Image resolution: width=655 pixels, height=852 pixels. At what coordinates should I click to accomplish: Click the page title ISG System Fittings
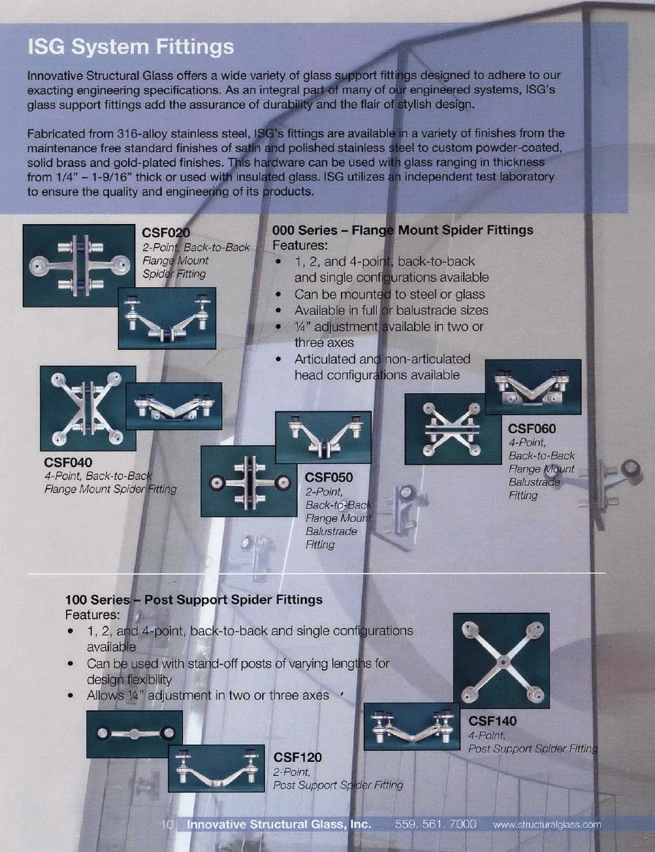coord(130,48)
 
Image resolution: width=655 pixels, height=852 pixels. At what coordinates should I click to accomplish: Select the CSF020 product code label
coord(165,233)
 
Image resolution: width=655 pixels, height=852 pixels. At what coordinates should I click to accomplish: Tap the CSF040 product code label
coord(68,463)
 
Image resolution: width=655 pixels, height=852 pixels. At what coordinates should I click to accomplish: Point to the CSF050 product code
coord(329,477)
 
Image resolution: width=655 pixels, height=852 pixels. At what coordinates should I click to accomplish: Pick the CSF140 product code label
coord(492,722)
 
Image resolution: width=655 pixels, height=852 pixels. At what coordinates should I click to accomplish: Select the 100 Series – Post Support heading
coord(194,599)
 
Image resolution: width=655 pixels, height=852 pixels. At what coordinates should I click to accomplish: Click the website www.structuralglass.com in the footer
coord(547,824)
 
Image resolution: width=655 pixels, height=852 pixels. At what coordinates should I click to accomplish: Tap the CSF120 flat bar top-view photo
coord(134,734)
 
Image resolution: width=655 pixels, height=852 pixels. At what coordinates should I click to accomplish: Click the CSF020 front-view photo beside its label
coord(78,265)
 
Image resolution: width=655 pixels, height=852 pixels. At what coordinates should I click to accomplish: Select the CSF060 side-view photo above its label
coord(533,386)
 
